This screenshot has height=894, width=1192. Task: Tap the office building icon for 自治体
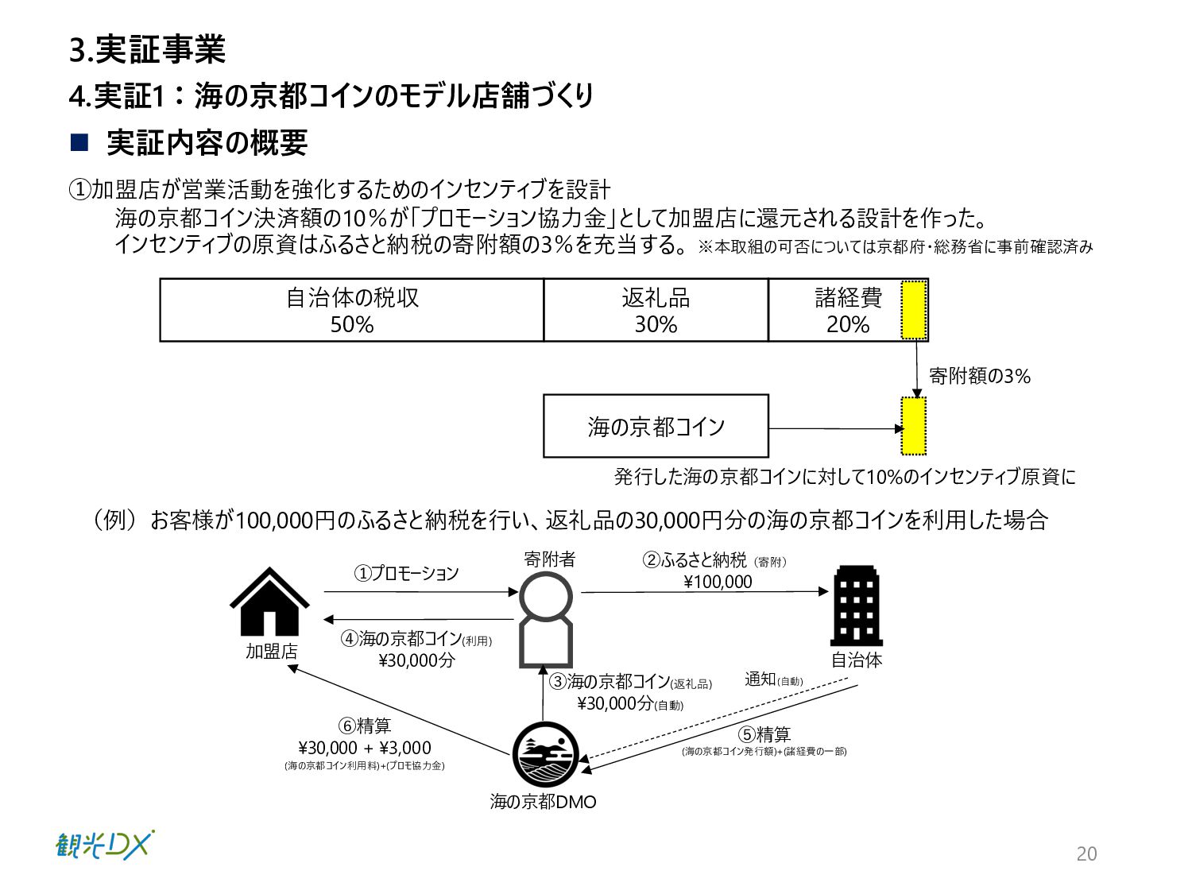point(856,606)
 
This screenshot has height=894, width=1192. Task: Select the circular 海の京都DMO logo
point(544,755)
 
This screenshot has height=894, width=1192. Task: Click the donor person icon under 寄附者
point(545,620)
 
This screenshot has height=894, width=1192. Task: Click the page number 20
point(1086,853)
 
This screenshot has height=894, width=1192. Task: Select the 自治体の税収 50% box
point(352,311)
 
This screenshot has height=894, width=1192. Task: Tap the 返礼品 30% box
point(656,311)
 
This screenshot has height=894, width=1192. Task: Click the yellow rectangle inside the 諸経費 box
point(914,310)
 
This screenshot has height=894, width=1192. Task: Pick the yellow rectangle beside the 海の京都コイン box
point(914,426)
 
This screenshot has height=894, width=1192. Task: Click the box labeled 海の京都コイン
point(656,427)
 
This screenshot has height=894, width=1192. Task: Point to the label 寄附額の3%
point(979,377)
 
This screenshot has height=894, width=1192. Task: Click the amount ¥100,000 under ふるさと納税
point(718,582)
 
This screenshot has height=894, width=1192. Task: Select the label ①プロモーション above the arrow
point(407,573)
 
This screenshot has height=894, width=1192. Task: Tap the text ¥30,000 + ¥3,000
point(365,748)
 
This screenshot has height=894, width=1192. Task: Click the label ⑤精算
point(764,734)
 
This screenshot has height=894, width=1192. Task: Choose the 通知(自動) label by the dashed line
point(773,679)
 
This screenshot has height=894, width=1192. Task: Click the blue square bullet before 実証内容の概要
point(79,143)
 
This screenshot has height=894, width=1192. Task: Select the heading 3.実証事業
point(147,50)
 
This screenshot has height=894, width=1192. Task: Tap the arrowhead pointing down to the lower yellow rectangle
point(917,393)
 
